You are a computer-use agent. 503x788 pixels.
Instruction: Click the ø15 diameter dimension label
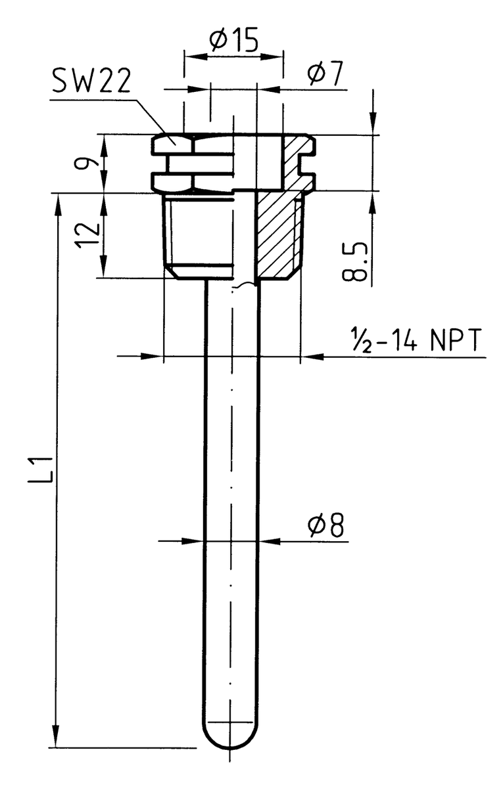[233, 41]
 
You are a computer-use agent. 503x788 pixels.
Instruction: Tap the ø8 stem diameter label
[327, 527]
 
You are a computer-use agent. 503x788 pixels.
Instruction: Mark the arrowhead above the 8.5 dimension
[373, 125]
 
